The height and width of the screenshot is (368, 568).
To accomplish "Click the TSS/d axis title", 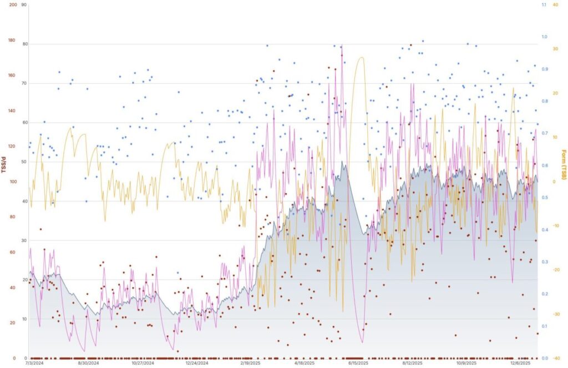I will point(4,165).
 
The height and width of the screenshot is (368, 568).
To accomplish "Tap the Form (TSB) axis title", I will point(564,165).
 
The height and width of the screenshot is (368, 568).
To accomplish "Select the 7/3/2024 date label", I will point(34,364).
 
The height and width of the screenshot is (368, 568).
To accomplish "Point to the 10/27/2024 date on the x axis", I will point(143,364).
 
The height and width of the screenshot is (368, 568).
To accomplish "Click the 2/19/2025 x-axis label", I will point(250,364).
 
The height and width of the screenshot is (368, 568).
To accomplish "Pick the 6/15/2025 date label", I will point(358,364).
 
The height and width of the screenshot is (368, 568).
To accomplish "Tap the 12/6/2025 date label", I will point(520,364).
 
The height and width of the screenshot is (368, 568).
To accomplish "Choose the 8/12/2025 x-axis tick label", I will point(412,364).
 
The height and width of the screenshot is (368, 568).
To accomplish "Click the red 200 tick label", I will point(12,4).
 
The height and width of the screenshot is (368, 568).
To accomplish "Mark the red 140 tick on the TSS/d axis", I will point(12,111).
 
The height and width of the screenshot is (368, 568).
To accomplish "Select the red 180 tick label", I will point(12,40).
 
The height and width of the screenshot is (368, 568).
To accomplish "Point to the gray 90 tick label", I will point(24,4).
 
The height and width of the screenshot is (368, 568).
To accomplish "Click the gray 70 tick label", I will point(24,83).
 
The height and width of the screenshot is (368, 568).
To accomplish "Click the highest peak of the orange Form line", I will point(361,57).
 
